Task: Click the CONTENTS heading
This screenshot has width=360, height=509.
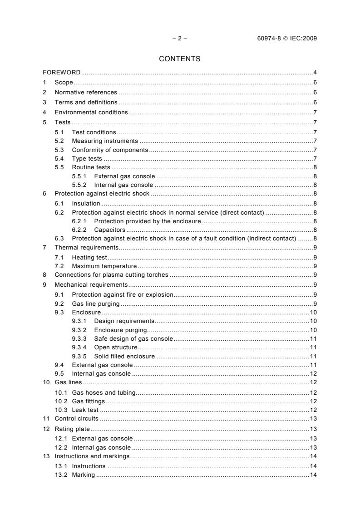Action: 179,59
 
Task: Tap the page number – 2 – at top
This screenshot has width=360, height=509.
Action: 180,38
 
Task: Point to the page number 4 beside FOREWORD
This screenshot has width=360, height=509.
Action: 315,73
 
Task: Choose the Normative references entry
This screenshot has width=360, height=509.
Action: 85,92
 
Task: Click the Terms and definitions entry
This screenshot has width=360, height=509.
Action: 86,102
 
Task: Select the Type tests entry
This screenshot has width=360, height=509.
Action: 87,158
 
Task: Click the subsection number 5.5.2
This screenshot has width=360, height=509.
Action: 80,185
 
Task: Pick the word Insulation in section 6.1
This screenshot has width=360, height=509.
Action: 86,203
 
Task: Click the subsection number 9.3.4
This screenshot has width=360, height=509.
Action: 80,347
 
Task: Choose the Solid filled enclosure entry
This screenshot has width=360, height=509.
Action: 124,356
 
